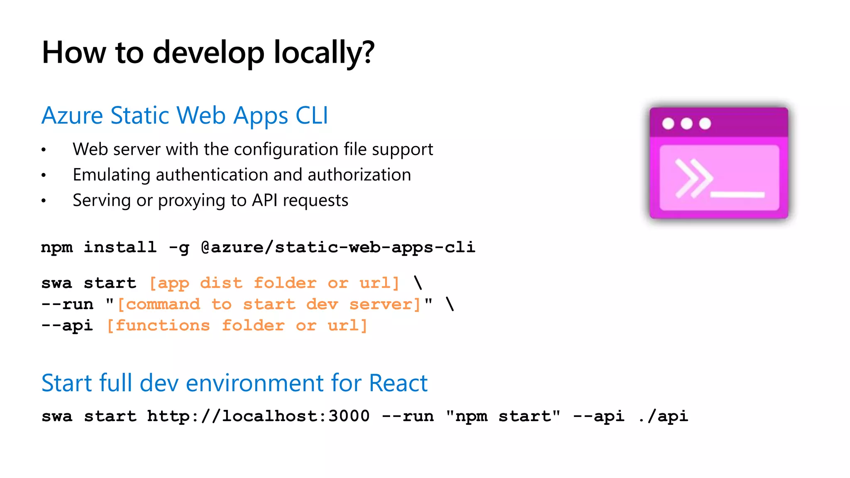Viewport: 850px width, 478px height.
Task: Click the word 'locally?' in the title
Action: tap(324, 53)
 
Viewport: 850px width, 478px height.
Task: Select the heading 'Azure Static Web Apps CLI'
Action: tap(185, 115)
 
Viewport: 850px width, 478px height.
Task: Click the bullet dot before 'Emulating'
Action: tap(44, 176)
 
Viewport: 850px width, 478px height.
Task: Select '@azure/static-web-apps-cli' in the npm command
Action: tap(338, 247)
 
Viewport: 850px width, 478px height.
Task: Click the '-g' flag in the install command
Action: tap(179, 248)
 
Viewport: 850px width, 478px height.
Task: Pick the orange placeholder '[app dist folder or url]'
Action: tap(274, 283)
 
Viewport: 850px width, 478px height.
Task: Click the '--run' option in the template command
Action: tap(67, 304)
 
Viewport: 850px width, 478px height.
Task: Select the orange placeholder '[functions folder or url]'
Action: tap(237, 325)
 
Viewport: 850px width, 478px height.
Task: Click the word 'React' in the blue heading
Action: tap(398, 383)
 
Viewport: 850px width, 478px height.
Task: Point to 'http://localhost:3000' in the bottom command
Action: tap(258, 416)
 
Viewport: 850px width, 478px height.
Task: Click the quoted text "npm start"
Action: tap(503, 416)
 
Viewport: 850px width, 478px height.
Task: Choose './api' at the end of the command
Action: tap(663, 416)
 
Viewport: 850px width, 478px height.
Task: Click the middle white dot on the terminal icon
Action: tap(686, 123)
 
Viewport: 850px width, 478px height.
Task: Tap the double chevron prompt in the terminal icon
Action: tap(693, 178)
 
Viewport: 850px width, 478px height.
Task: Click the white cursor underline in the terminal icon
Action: tap(737, 195)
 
